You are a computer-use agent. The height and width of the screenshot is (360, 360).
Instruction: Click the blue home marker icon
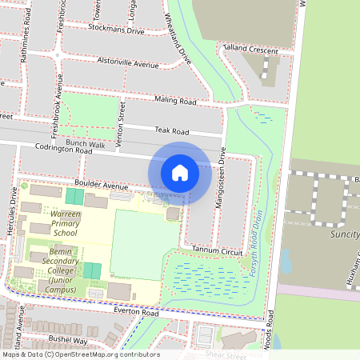point(180,172)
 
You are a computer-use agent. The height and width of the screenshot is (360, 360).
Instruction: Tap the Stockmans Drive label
point(117,32)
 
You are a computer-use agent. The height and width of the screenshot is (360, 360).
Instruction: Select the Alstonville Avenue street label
point(127,62)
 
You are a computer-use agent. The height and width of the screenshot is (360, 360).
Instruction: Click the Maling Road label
point(176,102)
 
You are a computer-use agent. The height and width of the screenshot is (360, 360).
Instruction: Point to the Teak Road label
point(171,130)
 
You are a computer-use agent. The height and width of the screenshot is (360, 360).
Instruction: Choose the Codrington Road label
point(70,148)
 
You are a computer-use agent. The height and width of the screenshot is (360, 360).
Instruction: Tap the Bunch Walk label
point(86,143)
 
